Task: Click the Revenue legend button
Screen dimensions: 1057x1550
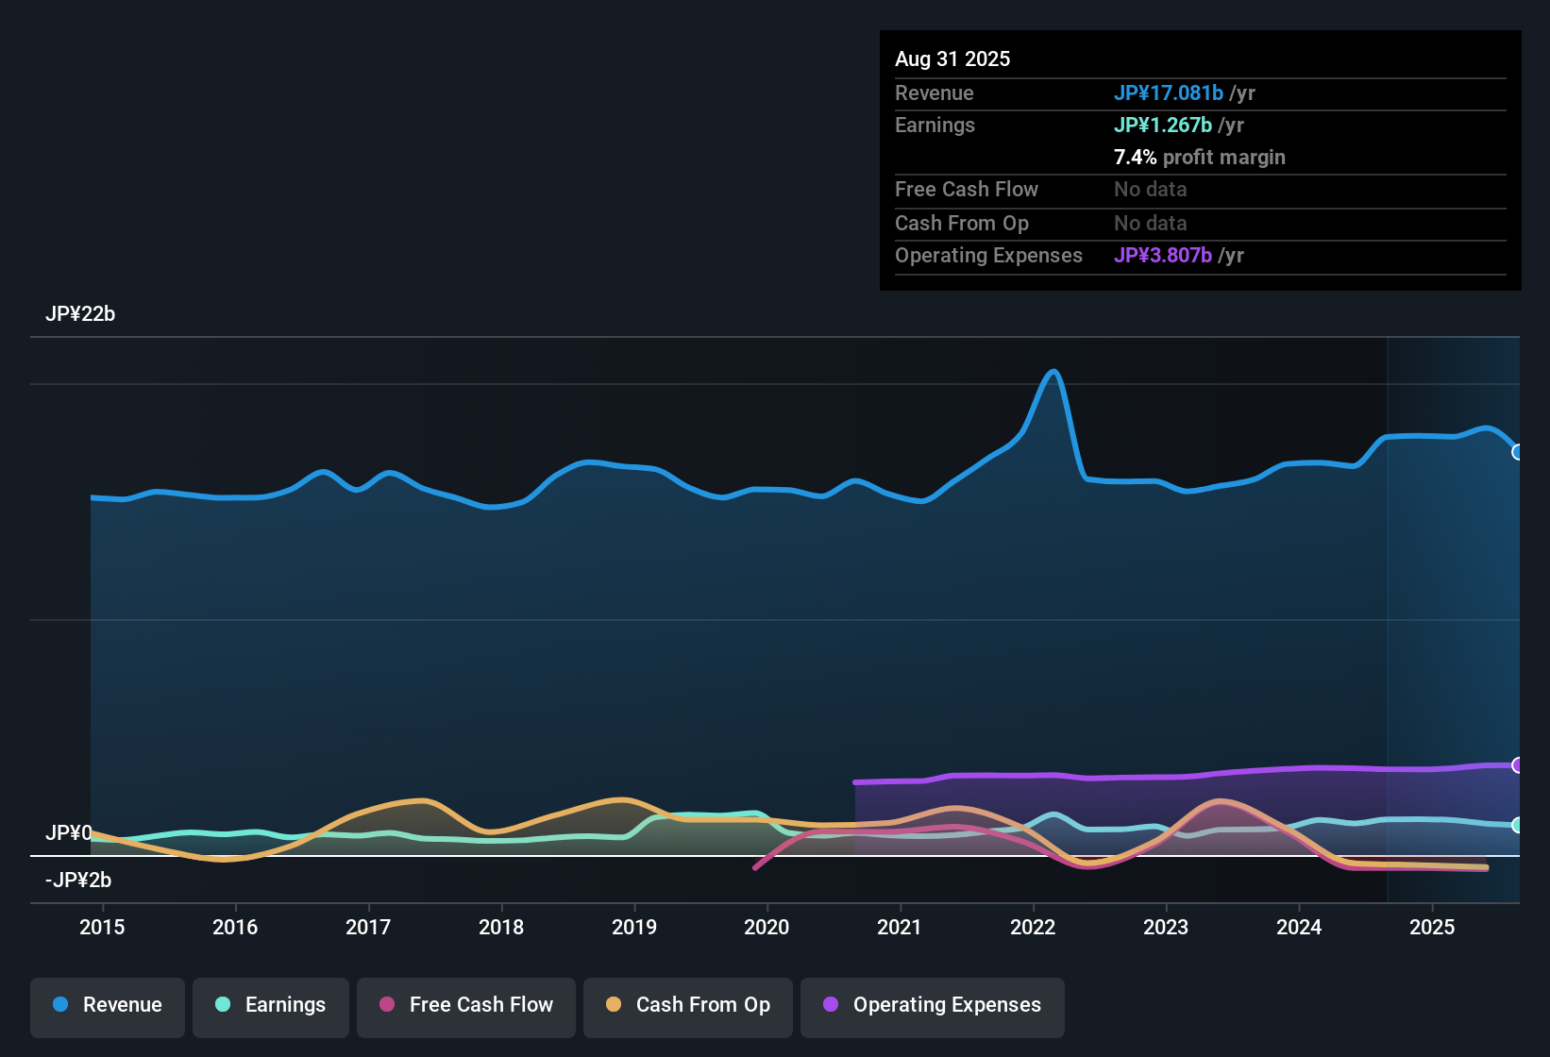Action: [x=108, y=1005]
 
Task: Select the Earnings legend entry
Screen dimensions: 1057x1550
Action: [x=270, y=1005]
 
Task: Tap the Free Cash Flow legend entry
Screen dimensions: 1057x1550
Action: [x=466, y=1005]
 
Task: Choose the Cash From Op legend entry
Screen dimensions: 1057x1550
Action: [x=688, y=1005]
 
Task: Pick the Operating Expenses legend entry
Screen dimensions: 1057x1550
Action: [x=933, y=1005]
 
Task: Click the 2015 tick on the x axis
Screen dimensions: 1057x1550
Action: [x=102, y=927]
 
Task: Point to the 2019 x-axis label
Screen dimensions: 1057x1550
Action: [x=634, y=927]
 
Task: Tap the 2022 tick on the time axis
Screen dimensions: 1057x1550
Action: [x=1033, y=927]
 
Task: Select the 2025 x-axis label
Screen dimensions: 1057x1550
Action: [x=1432, y=927]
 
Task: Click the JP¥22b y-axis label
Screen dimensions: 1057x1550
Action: [x=80, y=314]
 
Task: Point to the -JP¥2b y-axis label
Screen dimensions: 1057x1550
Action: [x=78, y=881]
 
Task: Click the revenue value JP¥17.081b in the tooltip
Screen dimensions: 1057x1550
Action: [x=1169, y=93]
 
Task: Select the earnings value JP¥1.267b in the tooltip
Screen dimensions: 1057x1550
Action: [x=1163, y=126]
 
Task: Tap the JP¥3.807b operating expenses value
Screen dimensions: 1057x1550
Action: [x=1163, y=256]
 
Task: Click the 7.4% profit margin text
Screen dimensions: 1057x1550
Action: [x=1199, y=158]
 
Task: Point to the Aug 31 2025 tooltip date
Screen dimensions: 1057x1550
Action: [x=952, y=59]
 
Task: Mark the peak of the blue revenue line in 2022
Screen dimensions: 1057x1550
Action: [x=1053, y=372]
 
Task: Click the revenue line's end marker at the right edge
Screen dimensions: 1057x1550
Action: [x=1518, y=452]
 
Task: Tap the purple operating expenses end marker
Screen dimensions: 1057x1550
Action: [x=1518, y=765]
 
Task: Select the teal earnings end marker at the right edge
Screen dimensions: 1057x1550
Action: [x=1518, y=825]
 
